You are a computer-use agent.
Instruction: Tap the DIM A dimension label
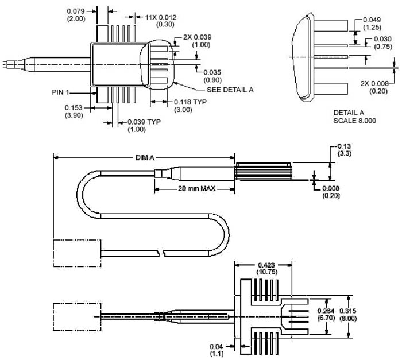144,156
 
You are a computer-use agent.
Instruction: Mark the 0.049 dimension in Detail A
373,19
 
